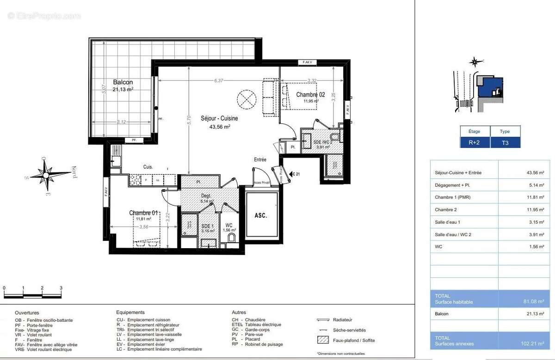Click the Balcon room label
[123, 82]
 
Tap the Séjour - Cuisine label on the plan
[219, 119]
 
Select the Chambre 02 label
[310, 95]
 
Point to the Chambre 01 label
[143, 213]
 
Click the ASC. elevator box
[261, 215]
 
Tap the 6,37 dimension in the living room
[219, 80]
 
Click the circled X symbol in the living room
[246, 98]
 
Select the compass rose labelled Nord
[46, 174]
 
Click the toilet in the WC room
[231, 238]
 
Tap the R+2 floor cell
[475, 143]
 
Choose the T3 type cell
[505, 143]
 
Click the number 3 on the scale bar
[61, 288]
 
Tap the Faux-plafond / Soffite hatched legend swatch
[322, 340]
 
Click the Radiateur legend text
[343, 320]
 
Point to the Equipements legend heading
[130, 312]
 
